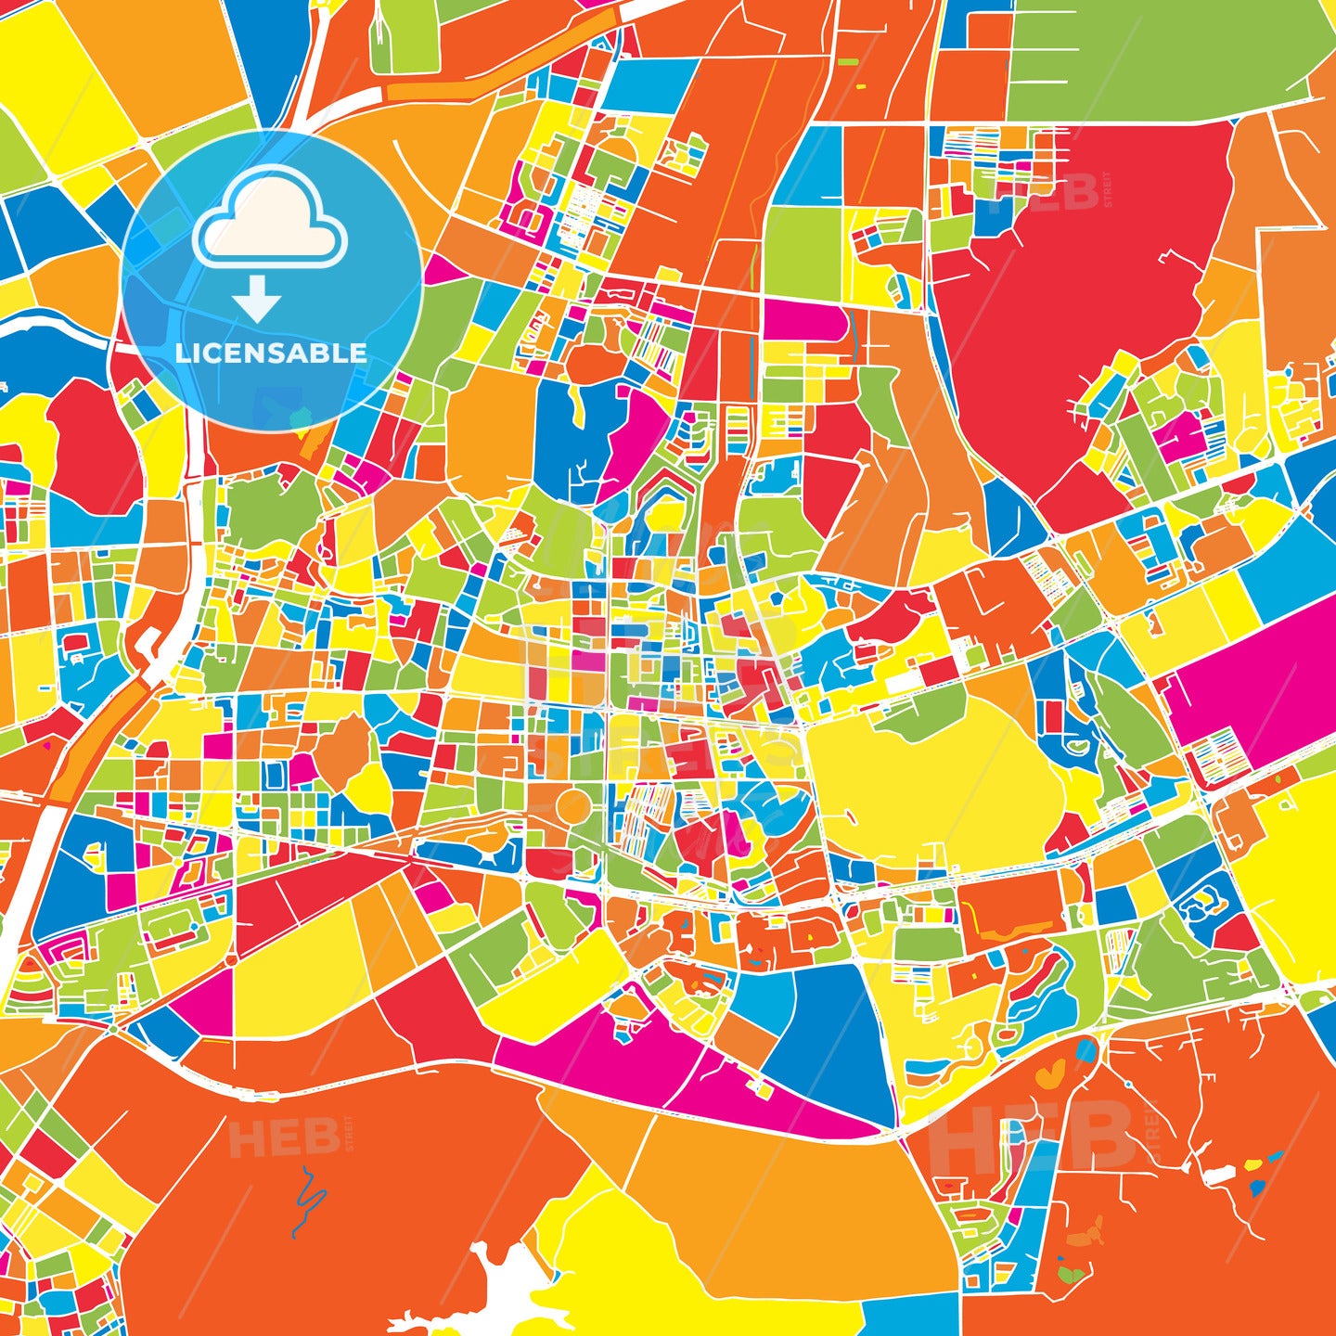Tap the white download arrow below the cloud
(257, 299)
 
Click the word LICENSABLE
(271, 353)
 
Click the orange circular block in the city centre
(572, 807)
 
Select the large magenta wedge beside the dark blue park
(631, 436)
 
